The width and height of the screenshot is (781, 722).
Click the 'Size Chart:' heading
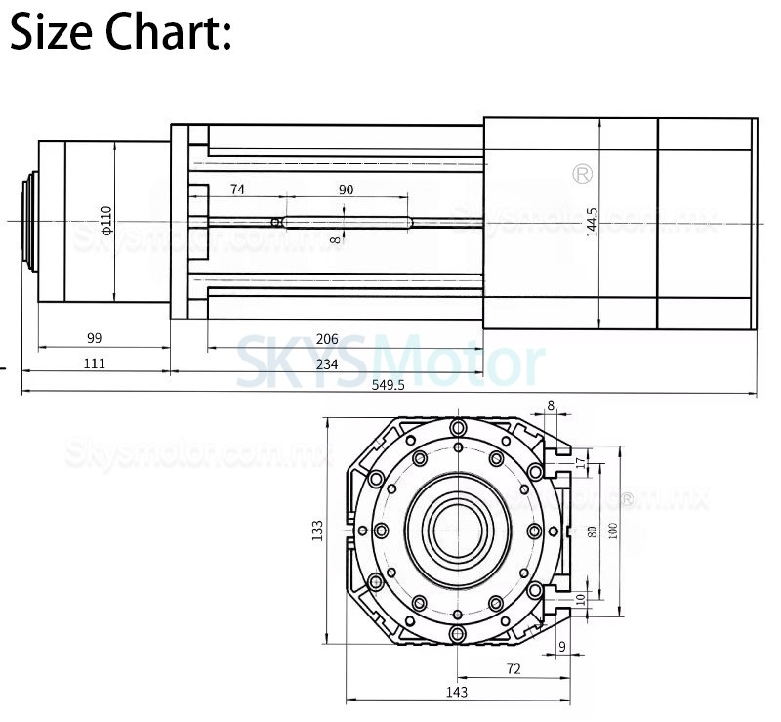120,34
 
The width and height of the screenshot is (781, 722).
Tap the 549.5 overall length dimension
388,384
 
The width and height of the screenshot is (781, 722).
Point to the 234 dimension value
327,362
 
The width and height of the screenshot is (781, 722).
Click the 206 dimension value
327,339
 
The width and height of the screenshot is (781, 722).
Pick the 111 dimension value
95,362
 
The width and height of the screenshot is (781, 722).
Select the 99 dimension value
95,338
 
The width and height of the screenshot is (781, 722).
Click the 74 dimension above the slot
237,190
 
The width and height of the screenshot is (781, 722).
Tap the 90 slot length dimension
346,190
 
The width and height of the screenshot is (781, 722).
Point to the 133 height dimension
317,531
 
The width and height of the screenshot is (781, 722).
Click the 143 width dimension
456,692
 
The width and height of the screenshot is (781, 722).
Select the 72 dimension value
514,668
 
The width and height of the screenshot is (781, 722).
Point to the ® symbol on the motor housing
582,173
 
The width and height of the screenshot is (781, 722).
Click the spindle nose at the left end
29,222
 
